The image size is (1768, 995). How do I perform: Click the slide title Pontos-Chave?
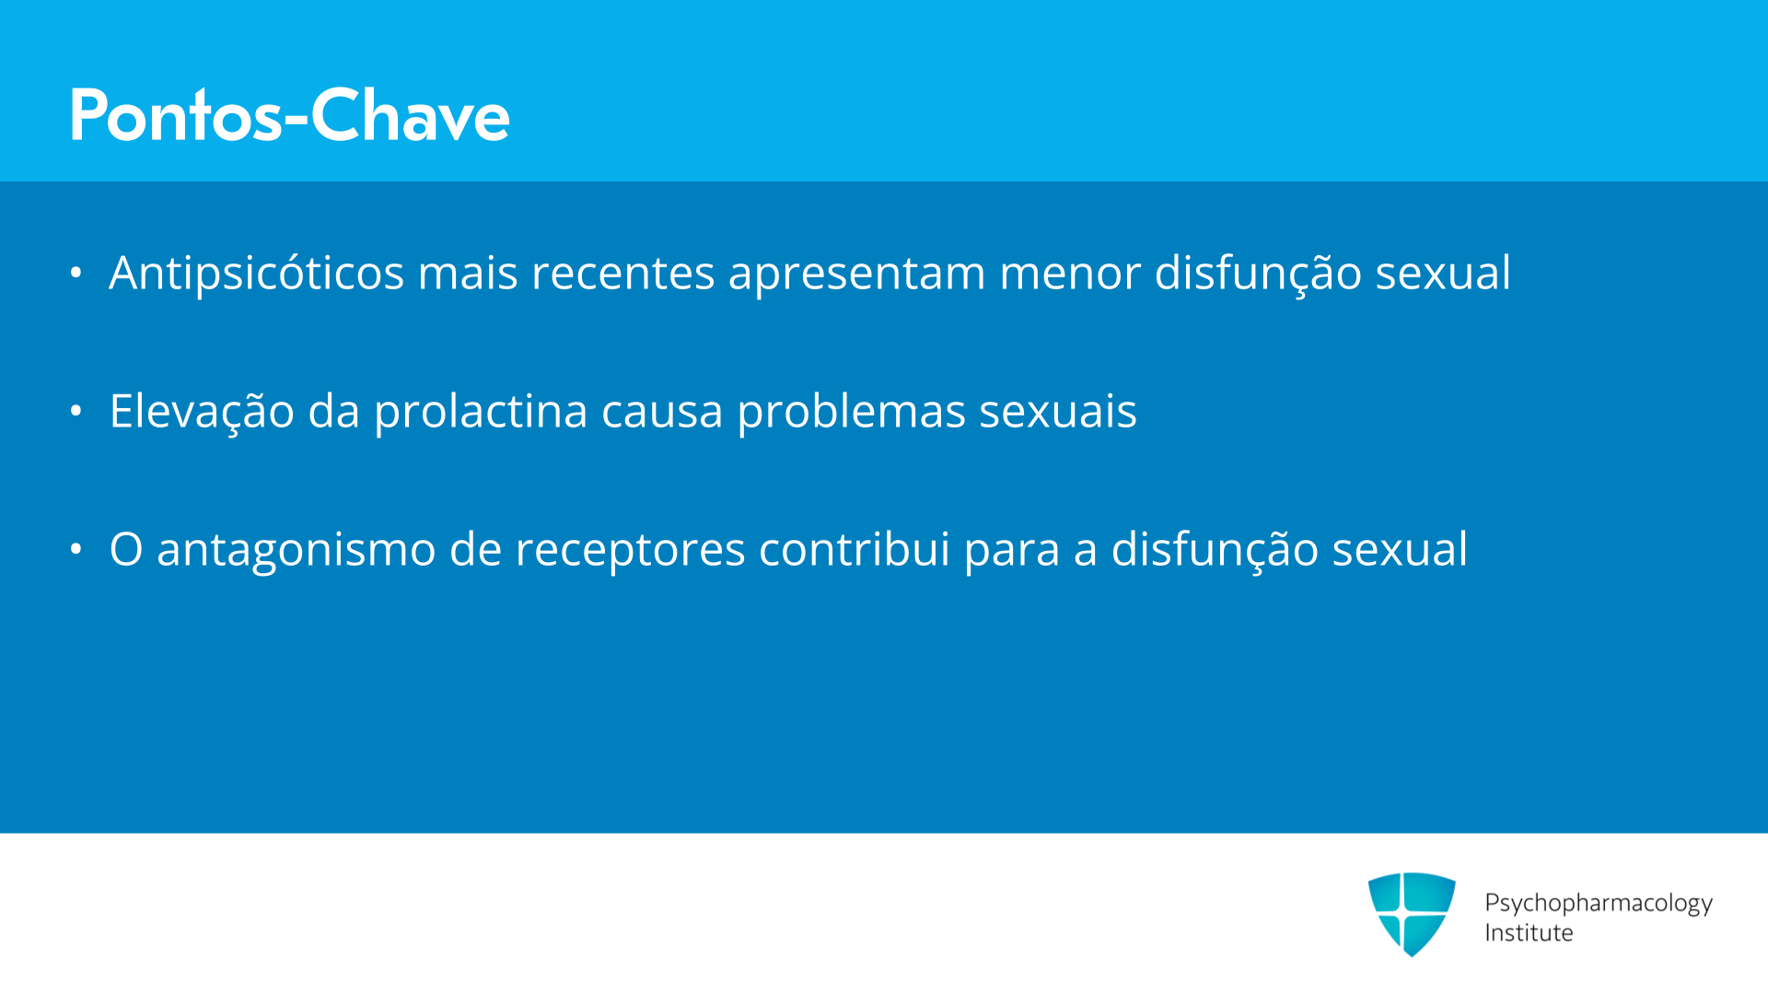pos(289,115)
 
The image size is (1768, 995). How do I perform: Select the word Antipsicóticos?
pos(257,274)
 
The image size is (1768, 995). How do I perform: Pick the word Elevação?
pos(202,411)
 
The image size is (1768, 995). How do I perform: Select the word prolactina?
pos(481,412)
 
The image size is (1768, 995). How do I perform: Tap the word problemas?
pos(851,412)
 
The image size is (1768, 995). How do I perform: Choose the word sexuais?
pos(1057,412)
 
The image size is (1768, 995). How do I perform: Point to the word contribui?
pos(854,549)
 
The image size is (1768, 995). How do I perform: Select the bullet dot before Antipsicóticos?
pos(76,273)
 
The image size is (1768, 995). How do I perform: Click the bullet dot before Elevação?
pos(76,411)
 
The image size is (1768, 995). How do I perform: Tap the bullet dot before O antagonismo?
pos(76,549)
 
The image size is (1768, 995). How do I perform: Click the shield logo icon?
pos(1412,914)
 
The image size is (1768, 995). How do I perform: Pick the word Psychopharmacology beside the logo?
pos(1599,903)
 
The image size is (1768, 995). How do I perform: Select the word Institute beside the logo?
pos(1529,932)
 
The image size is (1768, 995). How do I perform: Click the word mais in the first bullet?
pos(468,274)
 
